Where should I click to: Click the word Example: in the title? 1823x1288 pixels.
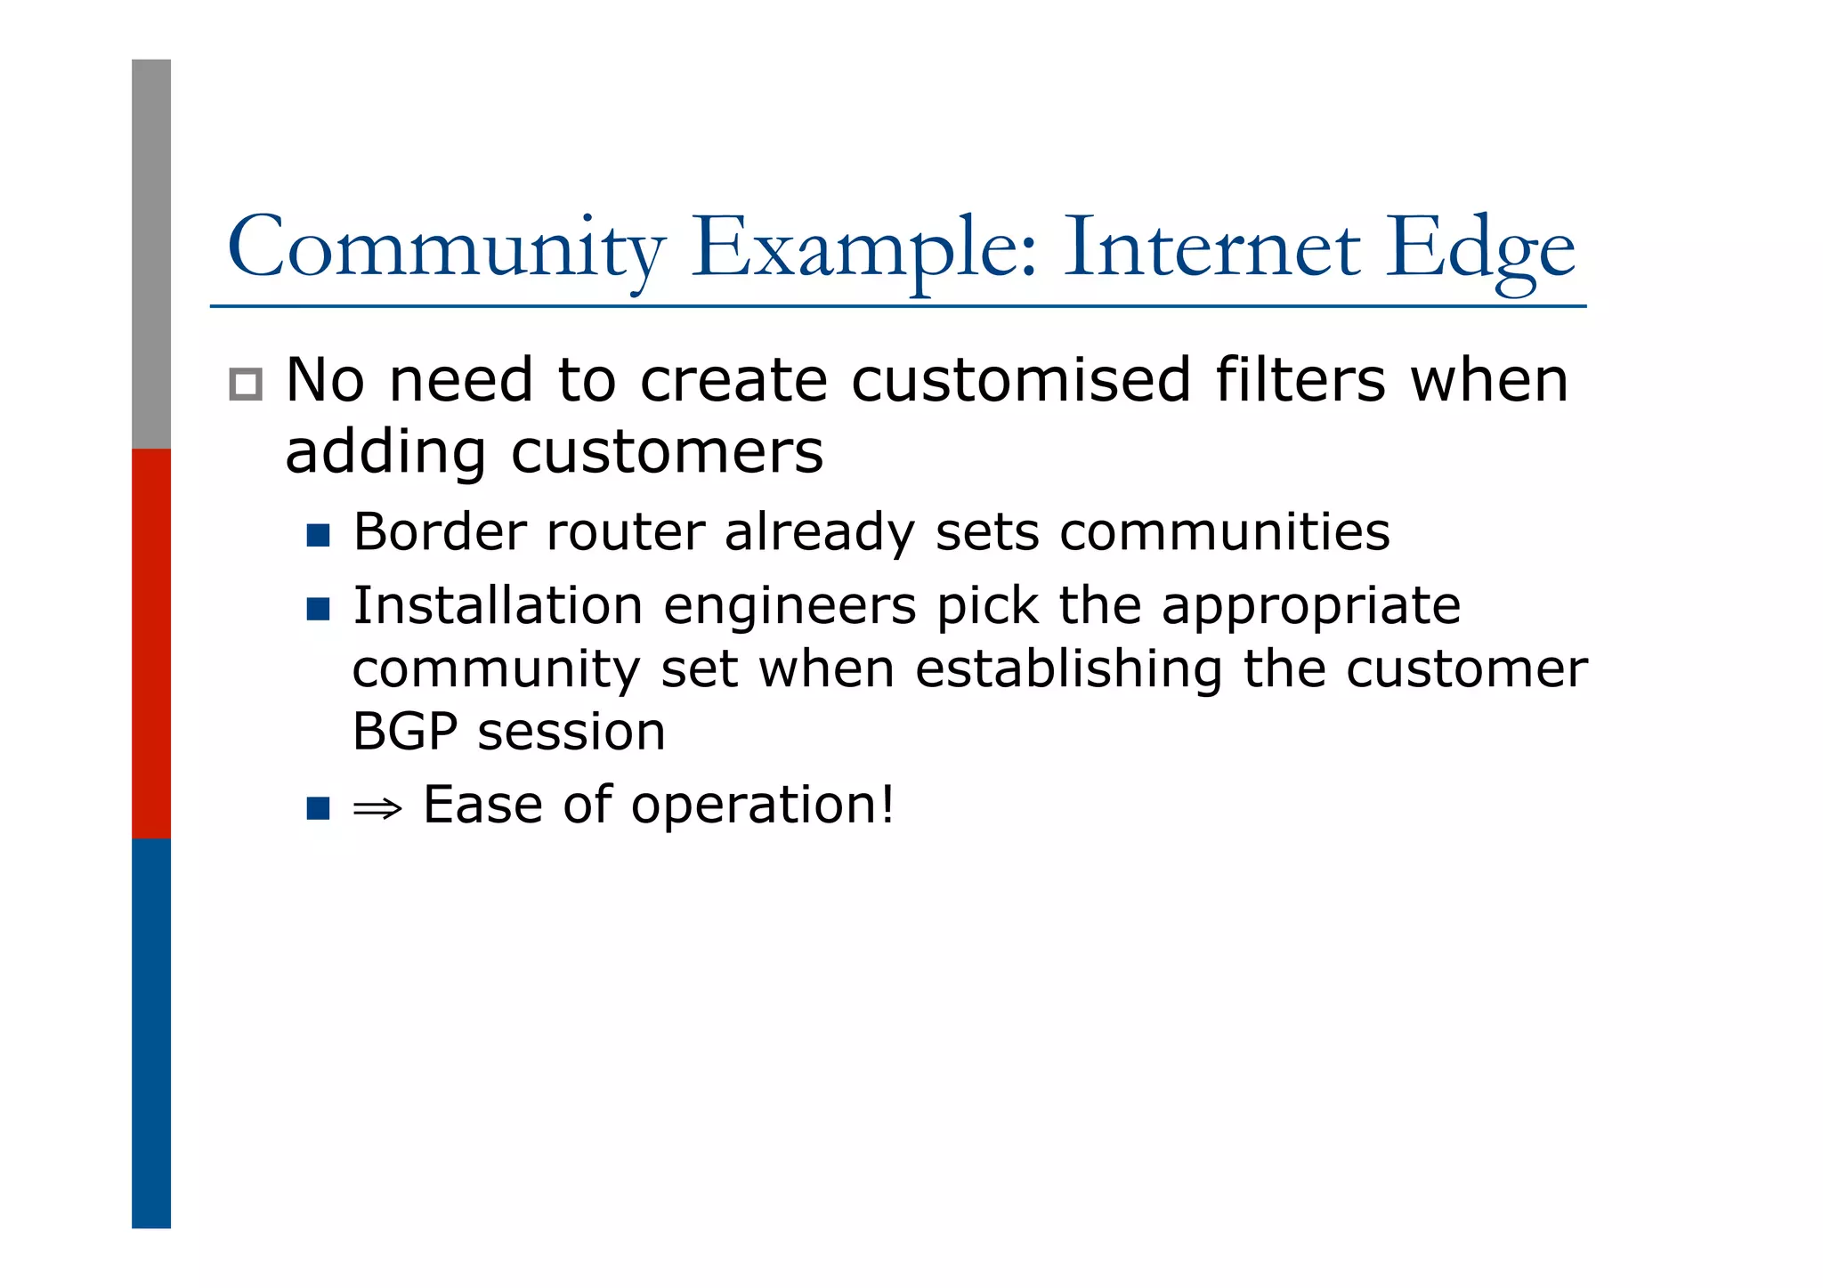pyautogui.click(x=864, y=249)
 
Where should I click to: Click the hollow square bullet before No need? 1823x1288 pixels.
pyautogui.click(x=246, y=385)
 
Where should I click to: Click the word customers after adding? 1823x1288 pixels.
pyautogui.click(x=667, y=452)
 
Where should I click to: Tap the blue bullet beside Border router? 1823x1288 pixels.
pyautogui.click(x=318, y=535)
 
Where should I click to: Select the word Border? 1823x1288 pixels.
pyautogui.click(x=440, y=532)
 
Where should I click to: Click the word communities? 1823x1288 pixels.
pyautogui.click(x=1224, y=532)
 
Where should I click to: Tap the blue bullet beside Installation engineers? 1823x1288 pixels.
pyautogui.click(x=318, y=609)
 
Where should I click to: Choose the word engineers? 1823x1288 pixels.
pyautogui.click(x=790, y=607)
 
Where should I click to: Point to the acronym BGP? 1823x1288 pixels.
pyautogui.click(x=405, y=732)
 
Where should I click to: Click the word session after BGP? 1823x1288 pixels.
pyautogui.click(x=571, y=732)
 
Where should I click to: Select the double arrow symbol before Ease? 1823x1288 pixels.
pyautogui.click(x=377, y=808)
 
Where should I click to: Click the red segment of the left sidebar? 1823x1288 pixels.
pyautogui.click(x=151, y=644)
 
